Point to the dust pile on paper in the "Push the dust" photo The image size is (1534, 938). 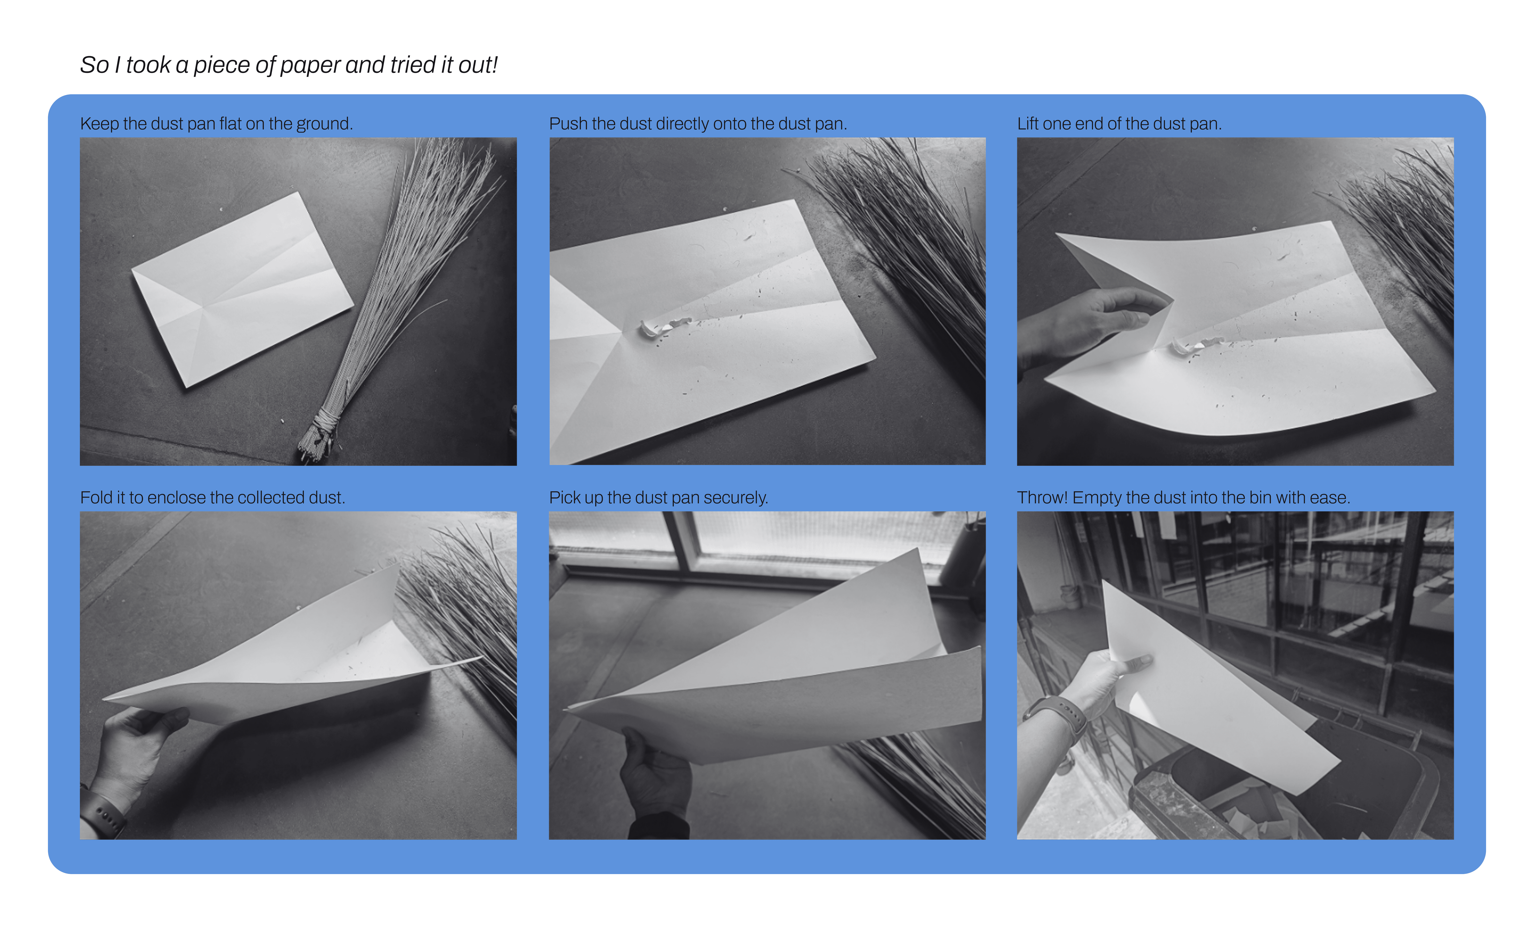click(x=663, y=327)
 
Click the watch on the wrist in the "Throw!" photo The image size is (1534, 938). click(x=1058, y=716)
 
